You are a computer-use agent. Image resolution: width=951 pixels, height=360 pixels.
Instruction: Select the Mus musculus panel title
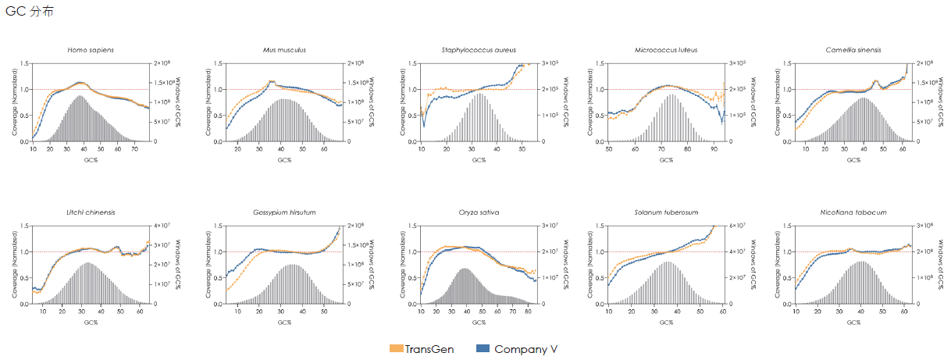pos(284,50)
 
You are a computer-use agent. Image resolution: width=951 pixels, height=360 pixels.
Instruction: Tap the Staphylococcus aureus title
pos(479,50)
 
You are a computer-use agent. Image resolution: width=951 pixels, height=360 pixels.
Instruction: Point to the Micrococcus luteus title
pos(666,50)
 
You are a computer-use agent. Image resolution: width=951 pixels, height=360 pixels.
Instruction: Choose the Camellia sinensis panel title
pos(853,50)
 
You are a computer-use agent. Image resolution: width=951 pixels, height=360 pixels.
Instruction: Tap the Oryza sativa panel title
pos(479,212)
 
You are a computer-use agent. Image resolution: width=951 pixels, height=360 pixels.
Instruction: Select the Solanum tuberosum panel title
pos(666,212)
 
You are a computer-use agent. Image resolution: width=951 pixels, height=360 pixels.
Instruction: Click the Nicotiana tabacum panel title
pos(853,212)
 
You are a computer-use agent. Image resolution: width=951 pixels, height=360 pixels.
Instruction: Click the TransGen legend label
pos(429,349)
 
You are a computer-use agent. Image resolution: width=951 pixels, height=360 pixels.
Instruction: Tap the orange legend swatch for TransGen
pos(396,349)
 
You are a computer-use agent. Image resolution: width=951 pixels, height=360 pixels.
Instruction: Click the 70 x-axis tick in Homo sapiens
pos(134,148)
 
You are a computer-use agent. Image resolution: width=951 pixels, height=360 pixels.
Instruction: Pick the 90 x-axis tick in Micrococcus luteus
pos(713,148)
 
